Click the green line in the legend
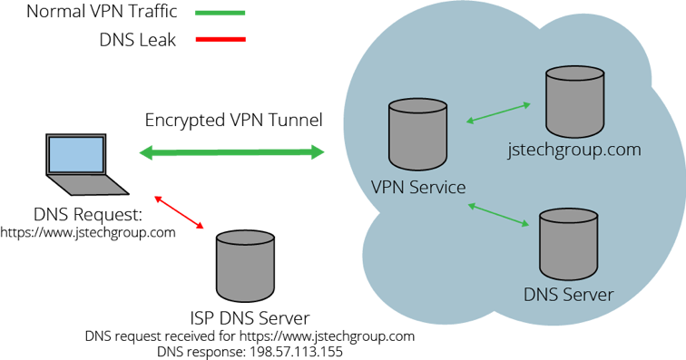[x=220, y=13]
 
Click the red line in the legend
[x=220, y=39]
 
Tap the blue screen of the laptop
[x=76, y=154]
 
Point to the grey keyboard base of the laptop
[x=88, y=184]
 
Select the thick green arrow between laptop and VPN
[x=231, y=152]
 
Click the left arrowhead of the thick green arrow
[x=145, y=153]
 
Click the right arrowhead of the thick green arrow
[x=318, y=152]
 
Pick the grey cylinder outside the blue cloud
[x=245, y=266]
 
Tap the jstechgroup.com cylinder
[x=575, y=101]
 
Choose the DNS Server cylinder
[x=569, y=245]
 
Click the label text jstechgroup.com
[x=574, y=151]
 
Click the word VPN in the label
[x=387, y=188]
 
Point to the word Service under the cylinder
[x=436, y=188]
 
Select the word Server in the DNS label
[x=587, y=295]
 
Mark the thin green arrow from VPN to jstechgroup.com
[x=498, y=112]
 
